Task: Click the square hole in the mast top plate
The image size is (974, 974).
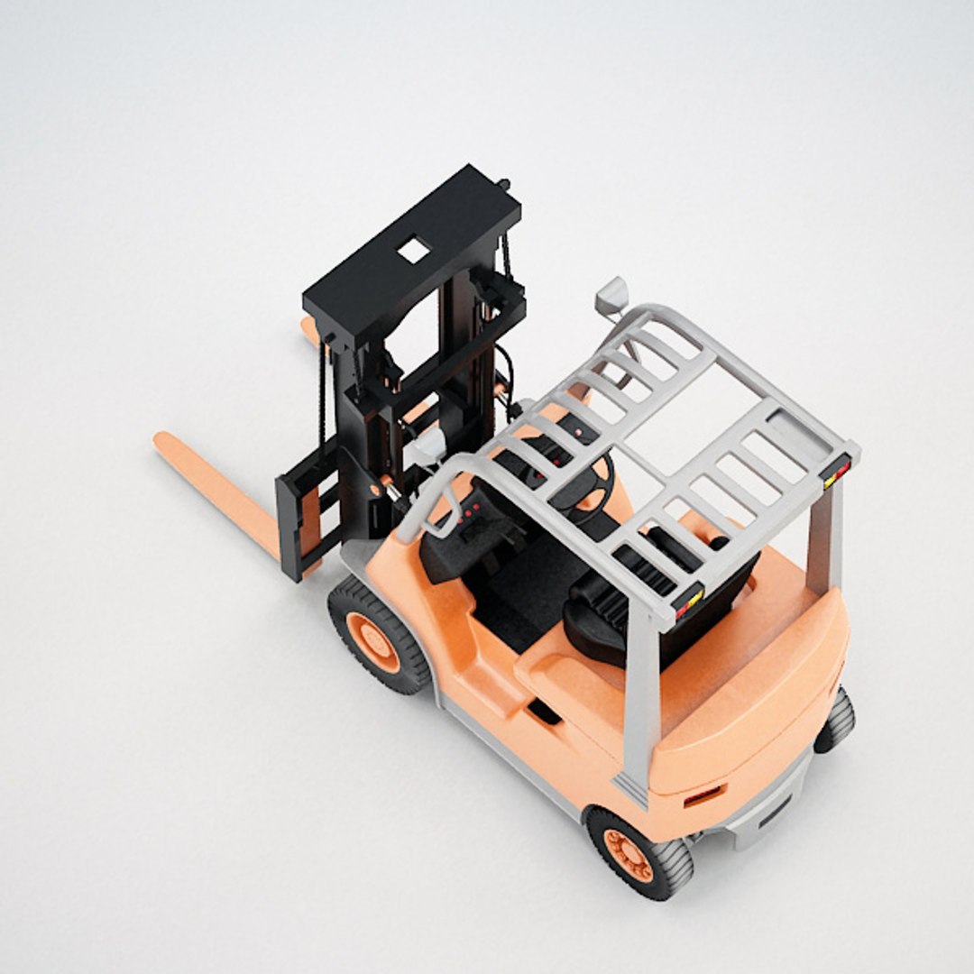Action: pos(414,250)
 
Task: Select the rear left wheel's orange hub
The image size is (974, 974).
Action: pos(629,854)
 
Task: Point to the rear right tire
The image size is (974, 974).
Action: pos(837,721)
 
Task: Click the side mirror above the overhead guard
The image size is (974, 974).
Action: pos(611,294)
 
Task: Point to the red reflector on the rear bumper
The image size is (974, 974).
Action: pos(703,797)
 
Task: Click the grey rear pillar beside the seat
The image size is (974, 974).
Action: pos(642,694)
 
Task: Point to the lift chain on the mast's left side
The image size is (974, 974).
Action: pos(320,397)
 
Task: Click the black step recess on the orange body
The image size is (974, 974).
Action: pos(543,712)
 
